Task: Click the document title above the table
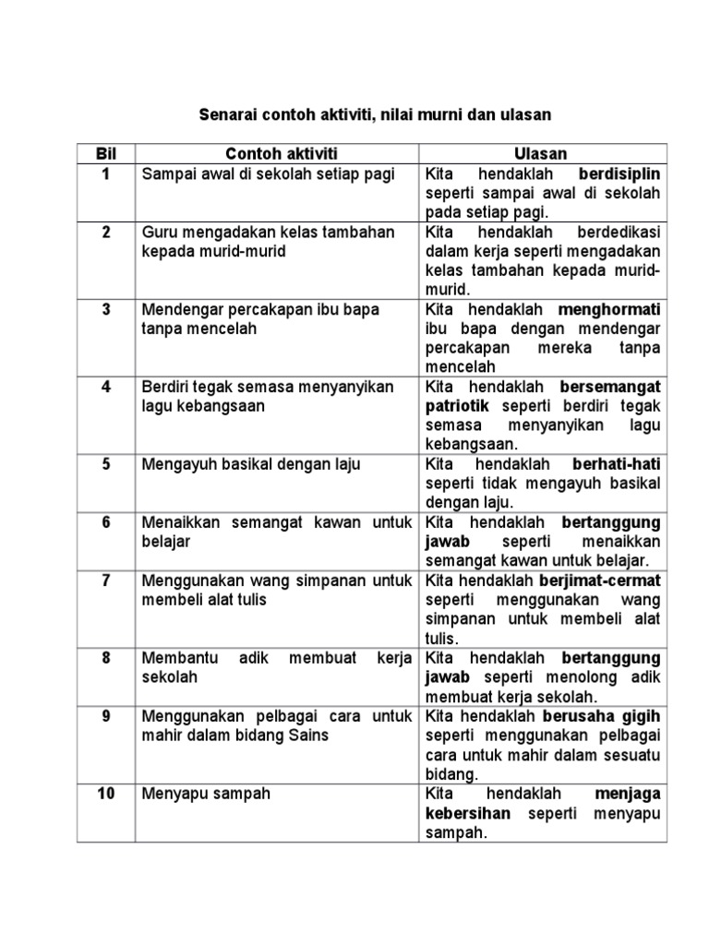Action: tap(375, 115)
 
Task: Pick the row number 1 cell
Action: tap(106, 174)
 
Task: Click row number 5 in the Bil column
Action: tap(106, 464)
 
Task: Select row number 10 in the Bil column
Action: tap(106, 794)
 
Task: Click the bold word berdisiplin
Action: tap(619, 174)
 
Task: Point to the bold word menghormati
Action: tap(610, 309)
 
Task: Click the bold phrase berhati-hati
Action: tap(617, 464)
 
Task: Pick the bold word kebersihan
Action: tap(468, 813)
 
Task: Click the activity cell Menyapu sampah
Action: tap(206, 794)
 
